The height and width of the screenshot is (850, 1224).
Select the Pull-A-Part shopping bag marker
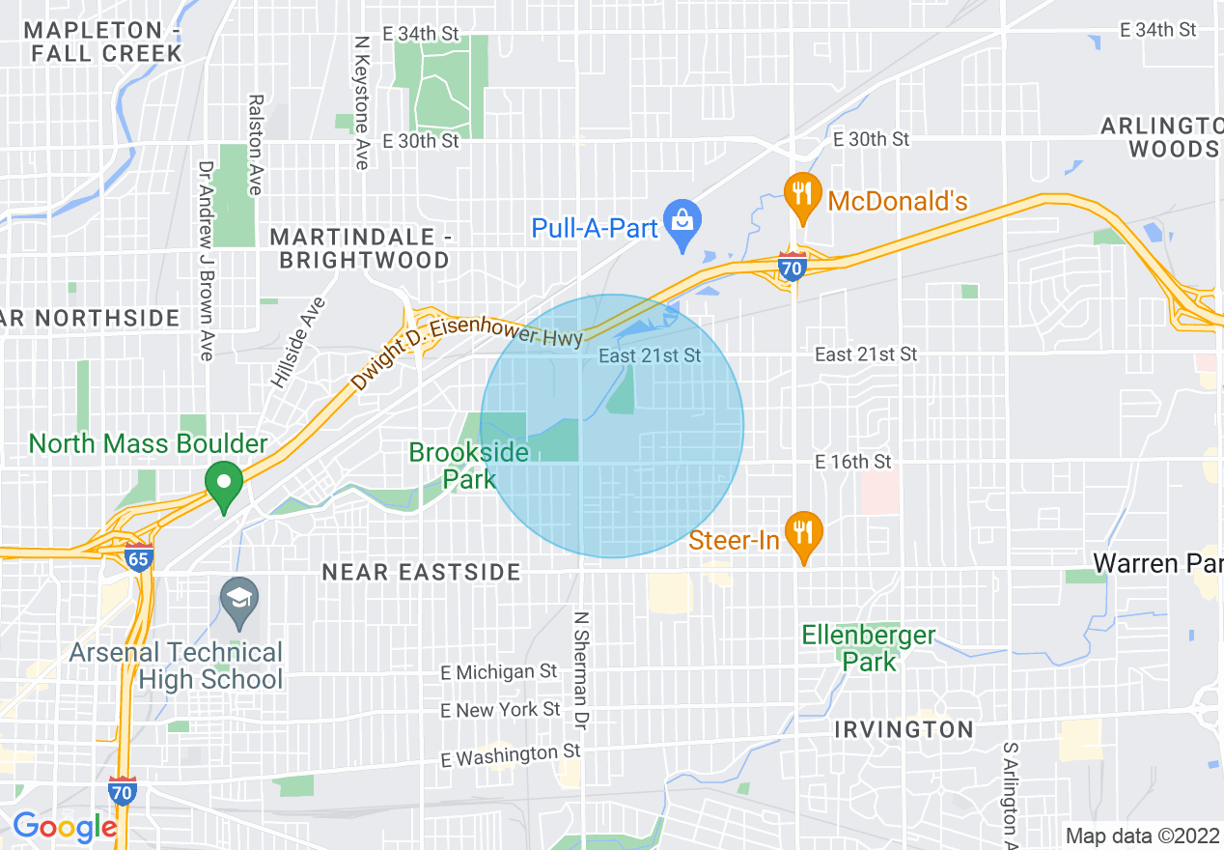pos(682,224)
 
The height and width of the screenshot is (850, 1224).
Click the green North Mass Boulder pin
pos(225,487)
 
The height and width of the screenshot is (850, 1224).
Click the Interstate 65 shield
pos(139,557)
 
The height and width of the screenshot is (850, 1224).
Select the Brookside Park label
pos(469,466)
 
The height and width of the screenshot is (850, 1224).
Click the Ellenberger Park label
pos(869,648)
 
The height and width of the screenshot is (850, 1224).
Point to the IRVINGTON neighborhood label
pos(904,729)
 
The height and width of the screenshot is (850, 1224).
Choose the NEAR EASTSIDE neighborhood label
pos(421,573)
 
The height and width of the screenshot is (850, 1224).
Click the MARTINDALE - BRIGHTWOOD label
pos(360,248)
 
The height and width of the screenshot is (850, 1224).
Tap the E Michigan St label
pos(499,671)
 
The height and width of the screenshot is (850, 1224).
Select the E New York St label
pos(500,710)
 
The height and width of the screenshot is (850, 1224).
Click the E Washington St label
pos(511,755)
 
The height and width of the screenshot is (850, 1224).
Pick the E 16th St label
pos(853,463)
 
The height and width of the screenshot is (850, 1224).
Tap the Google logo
pos(65,827)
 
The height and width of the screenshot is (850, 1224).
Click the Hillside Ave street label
pos(297,343)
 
